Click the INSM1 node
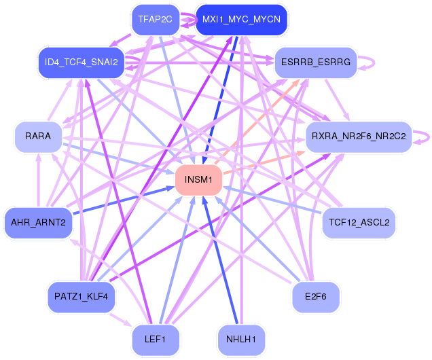tap(198, 180)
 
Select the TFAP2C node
tap(156, 20)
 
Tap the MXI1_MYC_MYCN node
tap(241, 20)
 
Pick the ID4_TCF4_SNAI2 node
tap(82, 62)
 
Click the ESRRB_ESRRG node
tap(316, 62)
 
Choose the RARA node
tap(38, 137)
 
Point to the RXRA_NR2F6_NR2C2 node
tap(359, 137)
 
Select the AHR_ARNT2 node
tap(38, 223)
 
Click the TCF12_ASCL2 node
tap(359, 223)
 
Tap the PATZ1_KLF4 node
tap(82, 297)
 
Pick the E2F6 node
tap(316, 297)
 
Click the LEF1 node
tap(156, 340)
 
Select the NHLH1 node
tap(241, 340)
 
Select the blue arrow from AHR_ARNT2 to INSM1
tap(124, 200)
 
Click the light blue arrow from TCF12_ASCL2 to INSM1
tap(272, 200)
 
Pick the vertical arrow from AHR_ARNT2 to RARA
tap(39, 180)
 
